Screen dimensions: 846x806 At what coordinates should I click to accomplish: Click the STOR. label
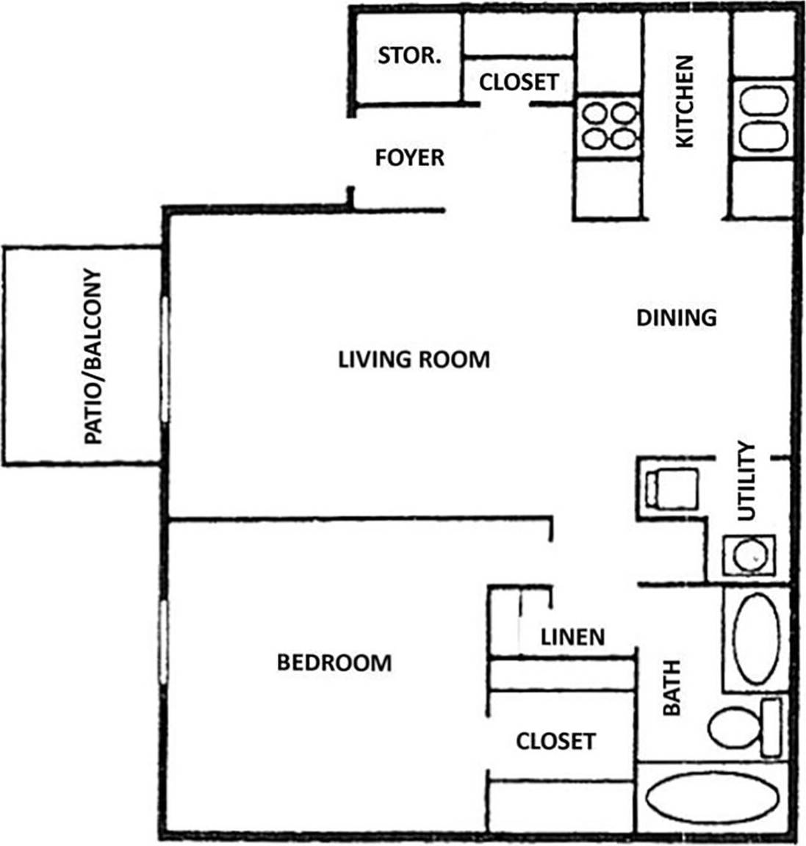(x=409, y=56)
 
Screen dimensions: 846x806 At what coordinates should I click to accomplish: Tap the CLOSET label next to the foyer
(x=519, y=82)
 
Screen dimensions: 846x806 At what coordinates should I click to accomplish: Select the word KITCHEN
(x=684, y=101)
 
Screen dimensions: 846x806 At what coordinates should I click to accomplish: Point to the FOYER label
(x=409, y=158)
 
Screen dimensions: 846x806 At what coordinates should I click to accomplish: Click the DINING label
(x=675, y=317)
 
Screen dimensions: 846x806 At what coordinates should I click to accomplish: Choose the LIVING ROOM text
(x=414, y=360)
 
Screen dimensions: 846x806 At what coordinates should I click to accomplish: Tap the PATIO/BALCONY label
(x=93, y=358)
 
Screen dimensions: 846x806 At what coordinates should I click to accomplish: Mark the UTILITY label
(x=746, y=481)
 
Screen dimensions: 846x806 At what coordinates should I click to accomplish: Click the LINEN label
(x=572, y=637)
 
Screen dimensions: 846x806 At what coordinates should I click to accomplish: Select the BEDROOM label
(x=334, y=663)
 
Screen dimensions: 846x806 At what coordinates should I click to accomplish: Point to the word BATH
(x=672, y=688)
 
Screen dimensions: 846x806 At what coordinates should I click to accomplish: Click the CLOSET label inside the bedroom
(x=555, y=741)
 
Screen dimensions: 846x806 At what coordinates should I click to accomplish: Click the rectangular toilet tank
(x=771, y=728)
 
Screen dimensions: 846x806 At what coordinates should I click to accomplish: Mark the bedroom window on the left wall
(x=164, y=643)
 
